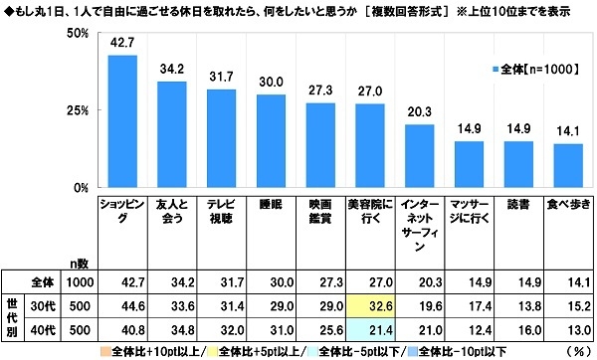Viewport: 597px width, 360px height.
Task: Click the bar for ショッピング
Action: (121, 121)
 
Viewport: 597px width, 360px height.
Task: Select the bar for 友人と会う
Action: (171, 134)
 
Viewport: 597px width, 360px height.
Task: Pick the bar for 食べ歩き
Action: (567, 165)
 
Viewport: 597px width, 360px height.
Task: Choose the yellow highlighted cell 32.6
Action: (367, 304)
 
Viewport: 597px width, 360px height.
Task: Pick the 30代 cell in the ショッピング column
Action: (121, 304)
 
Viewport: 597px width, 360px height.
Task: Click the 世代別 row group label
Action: (14, 315)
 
